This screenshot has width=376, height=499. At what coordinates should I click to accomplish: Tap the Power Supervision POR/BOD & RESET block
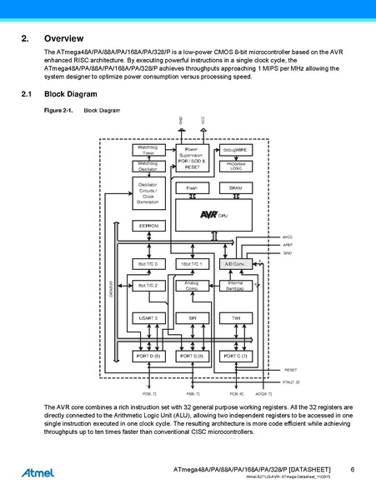[x=192, y=157]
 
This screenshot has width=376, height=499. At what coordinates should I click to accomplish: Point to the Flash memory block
[x=192, y=188]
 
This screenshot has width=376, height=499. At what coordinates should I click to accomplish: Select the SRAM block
[x=235, y=188]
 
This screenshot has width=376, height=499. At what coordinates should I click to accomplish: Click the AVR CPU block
[x=213, y=214]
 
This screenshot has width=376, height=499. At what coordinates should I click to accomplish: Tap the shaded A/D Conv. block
[x=235, y=263]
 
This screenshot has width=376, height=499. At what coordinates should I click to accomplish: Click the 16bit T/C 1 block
[x=192, y=263]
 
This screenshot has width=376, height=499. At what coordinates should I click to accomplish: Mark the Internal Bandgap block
[x=235, y=286]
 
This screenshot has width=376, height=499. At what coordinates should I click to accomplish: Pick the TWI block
[x=235, y=317]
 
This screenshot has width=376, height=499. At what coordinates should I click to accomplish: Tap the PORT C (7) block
[x=235, y=356]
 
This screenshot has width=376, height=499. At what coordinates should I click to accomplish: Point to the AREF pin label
[x=288, y=245]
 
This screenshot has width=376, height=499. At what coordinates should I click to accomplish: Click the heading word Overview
[x=63, y=39]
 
